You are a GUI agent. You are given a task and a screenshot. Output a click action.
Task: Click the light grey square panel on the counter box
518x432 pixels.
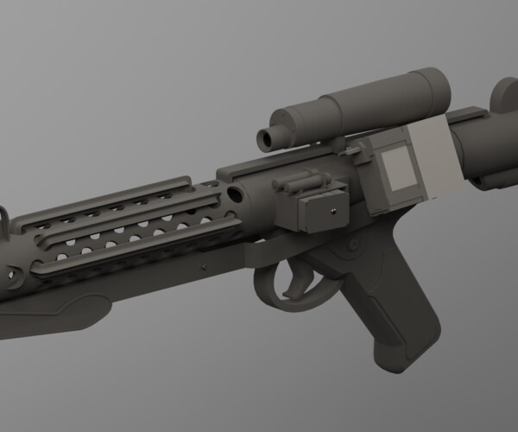(399, 168)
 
